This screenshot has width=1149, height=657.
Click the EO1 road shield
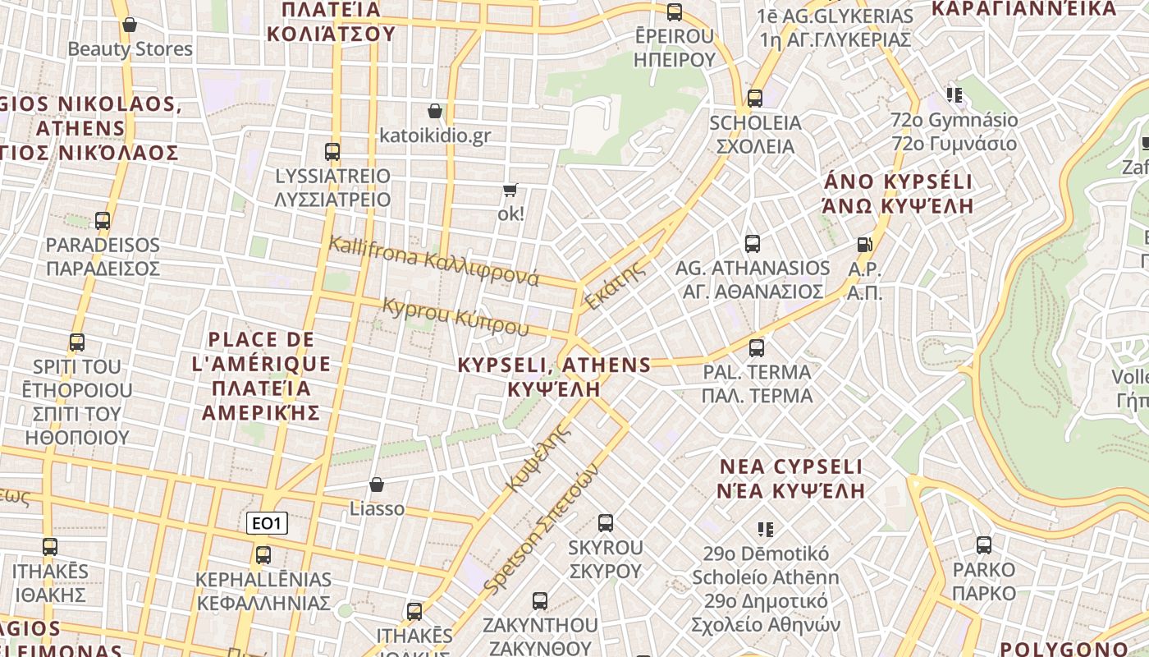pyautogui.click(x=268, y=523)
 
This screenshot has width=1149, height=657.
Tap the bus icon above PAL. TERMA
pyautogui.click(x=757, y=347)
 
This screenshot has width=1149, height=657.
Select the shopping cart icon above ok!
pyautogui.click(x=510, y=191)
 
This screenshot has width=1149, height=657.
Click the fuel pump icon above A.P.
pyautogui.click(x=863, y=244)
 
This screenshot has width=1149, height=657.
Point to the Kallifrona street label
pyautogui.click(x=433, y=260)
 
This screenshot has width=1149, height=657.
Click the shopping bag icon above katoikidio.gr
pyautogui.click(x=435, y=111)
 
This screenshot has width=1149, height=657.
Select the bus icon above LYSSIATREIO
pyautogui.click(x=332, y=152)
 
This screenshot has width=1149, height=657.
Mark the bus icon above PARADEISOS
pyautogui.click(x=103, y=221)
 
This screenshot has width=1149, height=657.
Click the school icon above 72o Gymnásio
pyautogui.click(x=954, y=95)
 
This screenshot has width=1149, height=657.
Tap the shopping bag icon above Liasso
pyautogui.click(x=377, y=485)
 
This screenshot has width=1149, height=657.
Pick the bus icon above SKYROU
pyautogui.click(x=606, y=523)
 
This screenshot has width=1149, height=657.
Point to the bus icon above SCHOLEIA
pyautogui.click(x=755, y=99)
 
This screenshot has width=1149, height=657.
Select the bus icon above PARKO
pyautogui.click(x=983, y=545)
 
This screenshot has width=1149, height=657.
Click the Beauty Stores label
pyautogui.click(x=130, y=49)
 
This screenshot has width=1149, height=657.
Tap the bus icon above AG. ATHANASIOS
pyautogui.click(x=753, y=244)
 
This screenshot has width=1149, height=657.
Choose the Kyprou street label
pyautogui.click(x=456, y=316)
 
